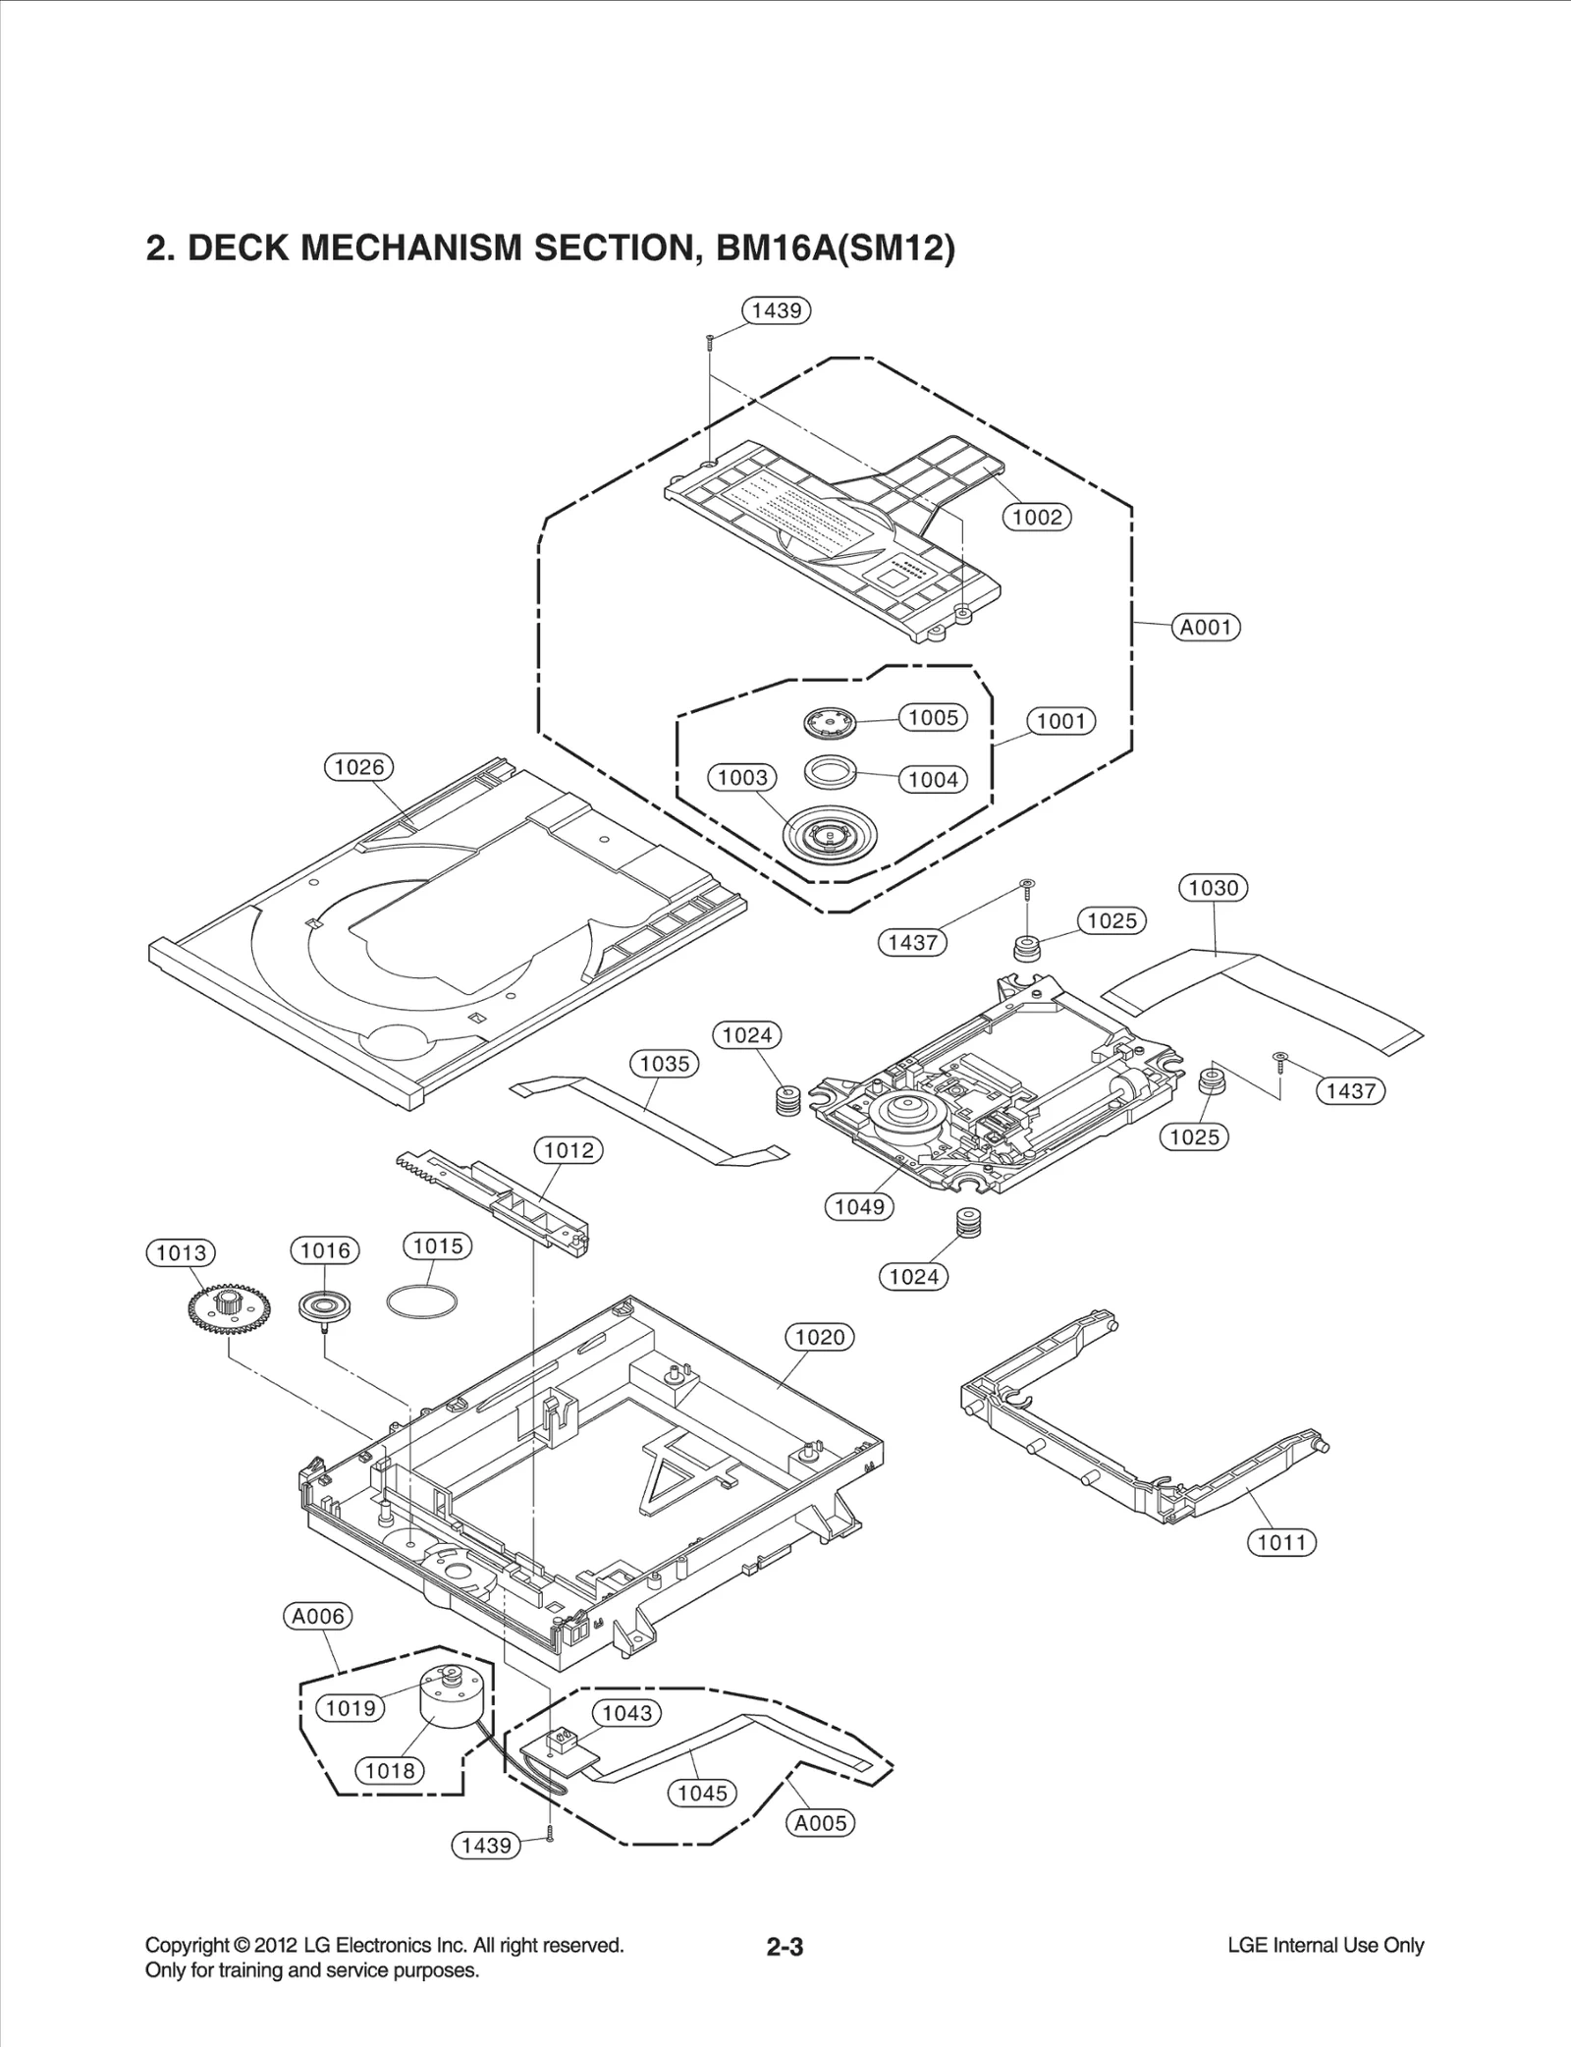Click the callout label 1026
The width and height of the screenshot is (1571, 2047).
click(x=358, y=767)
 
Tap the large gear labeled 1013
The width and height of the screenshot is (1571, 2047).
click(x=215, y=1311)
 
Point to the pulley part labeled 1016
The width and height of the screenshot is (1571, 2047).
click(x=324, y=1307)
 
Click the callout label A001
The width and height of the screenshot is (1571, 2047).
click(x=1206, y=627)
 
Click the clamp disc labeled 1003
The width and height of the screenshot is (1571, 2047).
click(x=831, y=836)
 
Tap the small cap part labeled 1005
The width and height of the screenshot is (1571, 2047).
click(x=830, y=724)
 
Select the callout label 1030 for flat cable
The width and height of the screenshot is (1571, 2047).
click(x=1213, y=888)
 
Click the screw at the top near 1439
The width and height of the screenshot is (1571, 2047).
click(x=708, y=342)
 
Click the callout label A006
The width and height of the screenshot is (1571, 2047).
click(x=318, y=1616)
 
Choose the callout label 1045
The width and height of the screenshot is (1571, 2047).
click(x=703, y=1793)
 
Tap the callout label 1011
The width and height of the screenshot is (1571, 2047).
click(x=1281, y=1542)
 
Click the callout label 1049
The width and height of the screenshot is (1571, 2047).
click(x=859, y=1206)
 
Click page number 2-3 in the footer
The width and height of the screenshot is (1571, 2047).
click(x=785, y=1947)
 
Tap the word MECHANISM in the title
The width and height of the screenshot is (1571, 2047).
click(x=409, y=249)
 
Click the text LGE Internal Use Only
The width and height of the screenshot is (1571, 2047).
click(x=1325, y=1945)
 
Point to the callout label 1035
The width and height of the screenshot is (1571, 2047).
click(x=664, y=1063)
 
